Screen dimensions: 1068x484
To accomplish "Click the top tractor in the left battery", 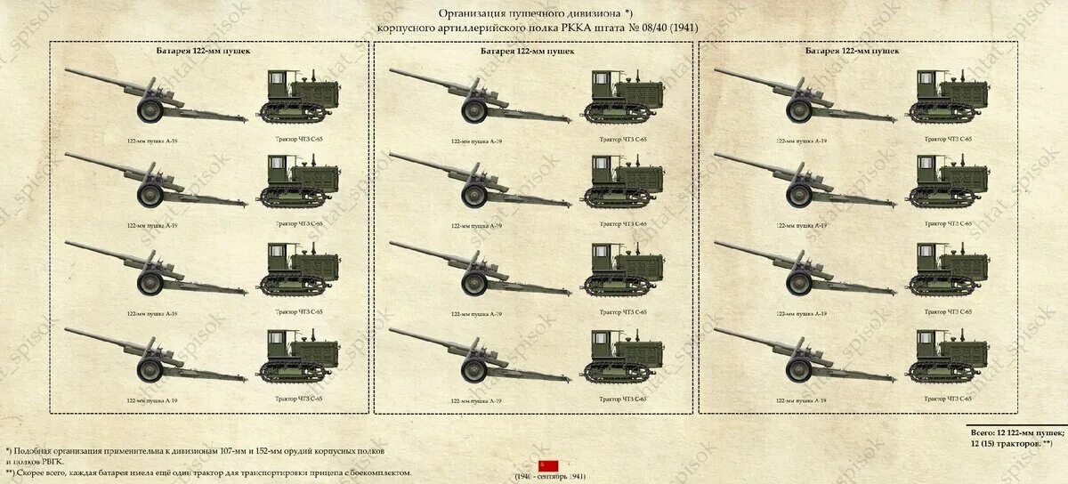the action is tap(299, 96).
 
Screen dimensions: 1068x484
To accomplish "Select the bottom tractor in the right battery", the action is tap(948, 355).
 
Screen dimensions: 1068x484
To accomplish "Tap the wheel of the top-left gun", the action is tap(149, 110).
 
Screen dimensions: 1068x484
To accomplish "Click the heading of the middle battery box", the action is tap(527, 52).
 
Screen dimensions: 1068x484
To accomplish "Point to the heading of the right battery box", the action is tap(852, 52).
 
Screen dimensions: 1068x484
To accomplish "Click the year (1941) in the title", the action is tap(683, 28).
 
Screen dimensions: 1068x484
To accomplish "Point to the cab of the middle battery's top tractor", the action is tap(606, 86).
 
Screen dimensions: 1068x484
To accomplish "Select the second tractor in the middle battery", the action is tap(624, 181).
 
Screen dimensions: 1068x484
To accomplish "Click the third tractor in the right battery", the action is tap(948, 269).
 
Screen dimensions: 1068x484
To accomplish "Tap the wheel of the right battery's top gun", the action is tap(798, 110).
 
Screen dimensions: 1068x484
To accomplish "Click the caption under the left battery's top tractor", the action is tap(299, 139).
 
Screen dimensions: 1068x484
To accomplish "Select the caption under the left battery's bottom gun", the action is tap(152, 399).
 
